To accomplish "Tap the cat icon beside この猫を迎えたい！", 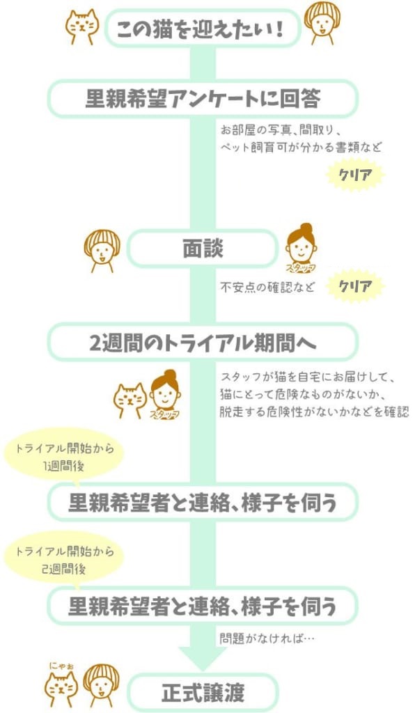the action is click(x=82, y=26).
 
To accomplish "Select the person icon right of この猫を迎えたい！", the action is click(x=322, y=23).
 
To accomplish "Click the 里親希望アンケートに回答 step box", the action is click(x=203, y=98).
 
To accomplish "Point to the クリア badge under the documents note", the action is click(x=355, y=175).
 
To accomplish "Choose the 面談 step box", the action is click(x=203, y=249).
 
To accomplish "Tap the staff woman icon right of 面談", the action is click(x=301, y=249).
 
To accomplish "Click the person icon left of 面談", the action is click(x=102, y=250).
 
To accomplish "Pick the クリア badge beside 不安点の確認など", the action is click(x=355, y=286).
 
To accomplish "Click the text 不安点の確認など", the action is click(x=267, y=287).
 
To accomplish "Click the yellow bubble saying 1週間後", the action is click(x=63, y=455).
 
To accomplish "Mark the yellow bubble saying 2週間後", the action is click(x=63, y=559).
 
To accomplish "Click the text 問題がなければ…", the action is click(x=267, y=638).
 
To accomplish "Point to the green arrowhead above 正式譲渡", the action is click(x=203, y=659).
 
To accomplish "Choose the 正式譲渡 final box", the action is click(x=203, y=692).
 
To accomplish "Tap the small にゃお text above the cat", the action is click(x=62, y=666).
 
